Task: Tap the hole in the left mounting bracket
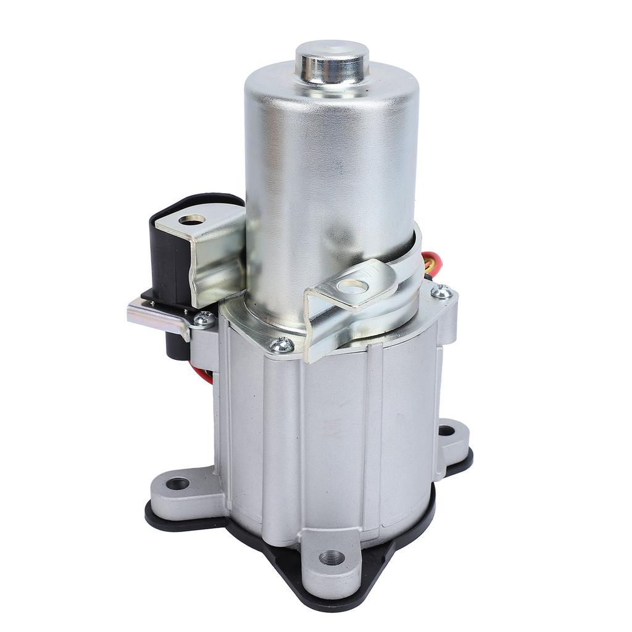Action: (x=191, y=219)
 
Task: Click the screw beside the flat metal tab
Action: (x=204, y=319)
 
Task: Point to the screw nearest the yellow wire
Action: (x=441, y=291)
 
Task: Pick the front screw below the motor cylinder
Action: (x=282, y=344)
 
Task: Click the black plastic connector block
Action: (x=170, y=253)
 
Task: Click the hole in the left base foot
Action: (x=178, y=483)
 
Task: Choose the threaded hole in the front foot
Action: (x=332, y=558)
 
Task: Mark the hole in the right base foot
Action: (x=446, y=430)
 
